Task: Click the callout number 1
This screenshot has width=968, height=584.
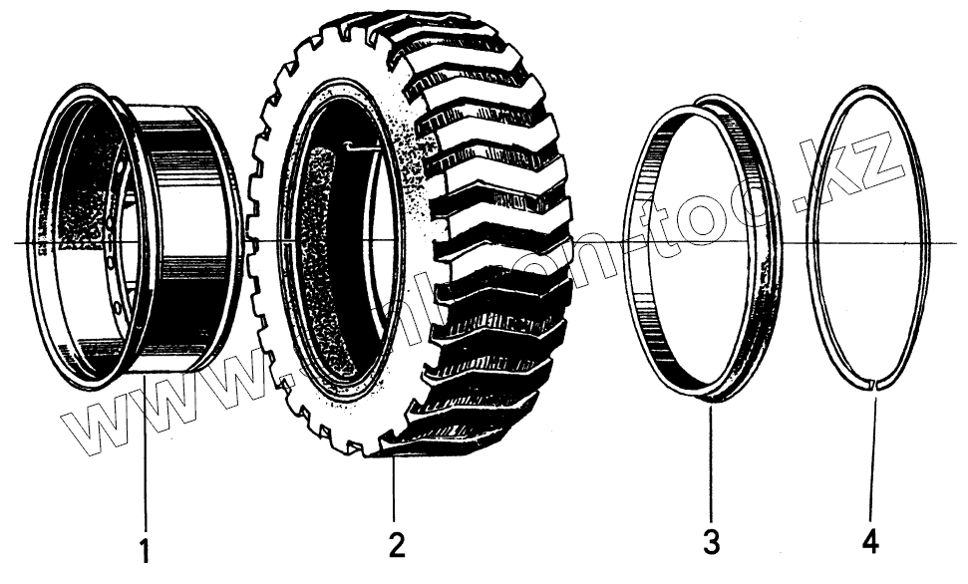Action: (x=146, y=549)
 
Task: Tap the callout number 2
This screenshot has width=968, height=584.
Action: (x=396, y=545)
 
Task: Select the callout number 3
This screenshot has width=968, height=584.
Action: (x=710, y=544)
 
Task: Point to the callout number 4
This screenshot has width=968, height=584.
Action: (x=870, y=544)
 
